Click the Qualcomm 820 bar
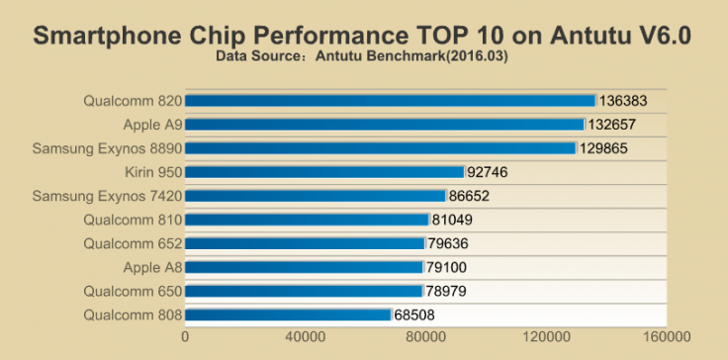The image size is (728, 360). [x=390, y=101]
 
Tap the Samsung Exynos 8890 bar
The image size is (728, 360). [x=380, y=148]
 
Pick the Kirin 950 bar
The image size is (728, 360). [x=323, y=172]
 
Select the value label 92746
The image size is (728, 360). [x=488, y=172]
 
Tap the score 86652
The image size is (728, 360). [x=470, y=196]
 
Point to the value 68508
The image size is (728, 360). [x=414, y=315]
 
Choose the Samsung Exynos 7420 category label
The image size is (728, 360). [x=107, y=196]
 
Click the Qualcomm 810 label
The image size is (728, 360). [x=133, y=220]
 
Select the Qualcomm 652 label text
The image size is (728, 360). [x=133, y=243]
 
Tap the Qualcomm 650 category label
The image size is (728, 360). [x=133, y=292]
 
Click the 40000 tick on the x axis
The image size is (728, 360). [x=307, y=337]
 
